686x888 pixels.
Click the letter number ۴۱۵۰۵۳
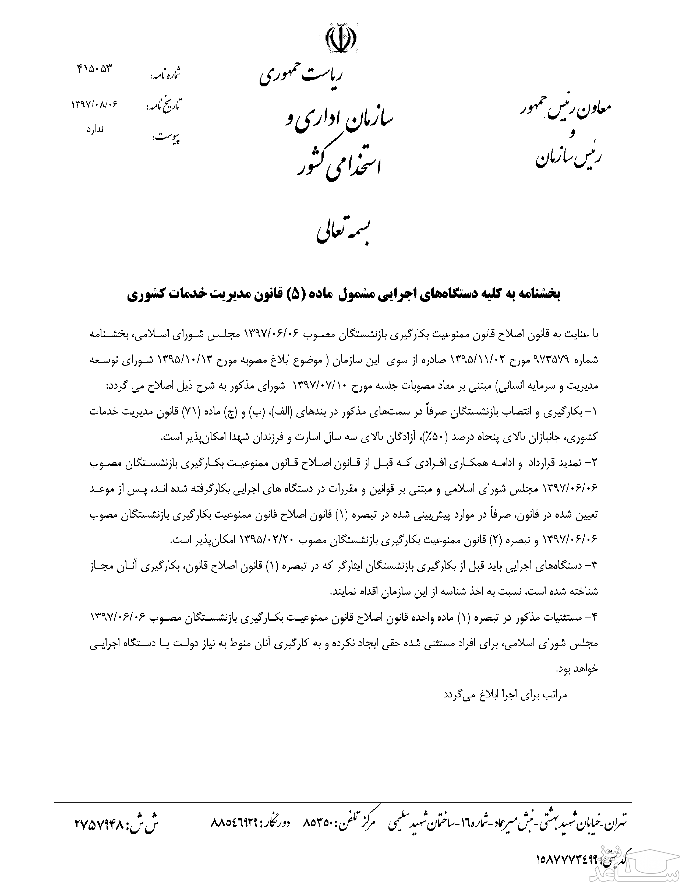click(x=94, y=68)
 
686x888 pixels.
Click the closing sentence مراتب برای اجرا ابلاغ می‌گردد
click(x=504, y=694)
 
